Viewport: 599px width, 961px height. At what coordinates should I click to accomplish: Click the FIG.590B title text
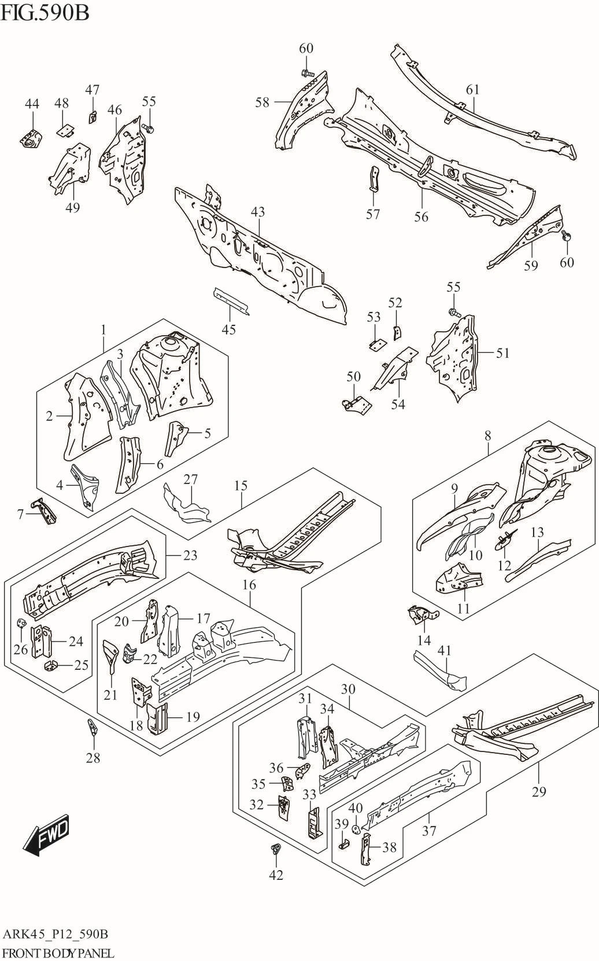[x=46, y=12]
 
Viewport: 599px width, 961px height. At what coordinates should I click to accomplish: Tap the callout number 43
[x=258, y=212]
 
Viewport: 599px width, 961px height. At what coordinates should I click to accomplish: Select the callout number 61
[x=473, y=89]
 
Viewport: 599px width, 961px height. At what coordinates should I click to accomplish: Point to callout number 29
[x=538, y=791]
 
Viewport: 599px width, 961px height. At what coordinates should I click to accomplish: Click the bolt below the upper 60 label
[x=307, y=74]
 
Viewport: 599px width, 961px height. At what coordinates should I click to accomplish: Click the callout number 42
[x=276, y=875]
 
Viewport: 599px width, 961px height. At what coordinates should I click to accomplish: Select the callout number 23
[x=190, y=555]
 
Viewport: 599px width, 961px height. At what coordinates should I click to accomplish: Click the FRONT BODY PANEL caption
[x=58, y=953]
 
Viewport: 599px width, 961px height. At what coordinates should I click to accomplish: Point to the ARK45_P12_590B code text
[x=56, y=934]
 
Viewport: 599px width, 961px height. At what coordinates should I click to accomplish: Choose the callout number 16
[x=249, y=585]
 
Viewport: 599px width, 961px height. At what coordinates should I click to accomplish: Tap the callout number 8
[x=488, y=435]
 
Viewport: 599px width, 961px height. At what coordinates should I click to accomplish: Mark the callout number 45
[x=229, y=329]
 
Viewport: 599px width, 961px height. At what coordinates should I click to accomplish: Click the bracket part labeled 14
[x=423, y=615]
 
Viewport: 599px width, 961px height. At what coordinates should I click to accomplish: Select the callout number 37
[x=428, y=831]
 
